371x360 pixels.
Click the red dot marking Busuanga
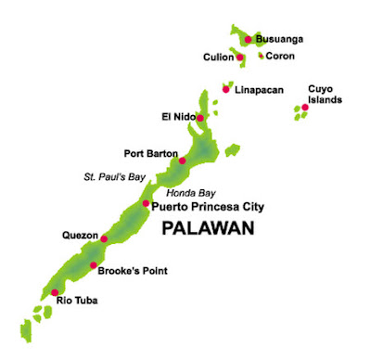(x=248, y=39)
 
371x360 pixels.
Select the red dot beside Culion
(x=239, y=58)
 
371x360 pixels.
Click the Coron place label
(x=280, y=56)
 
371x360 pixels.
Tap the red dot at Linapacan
(x=225, y=89)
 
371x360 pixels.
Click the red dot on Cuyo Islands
(x=304, y=107)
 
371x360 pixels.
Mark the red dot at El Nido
(x=199, y=118)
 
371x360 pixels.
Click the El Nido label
(x=177, y=117)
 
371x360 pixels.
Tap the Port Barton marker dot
(x=182, y=161)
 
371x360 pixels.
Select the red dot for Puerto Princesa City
(x=146, y=203)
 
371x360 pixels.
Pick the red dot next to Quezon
(x=104, y=238)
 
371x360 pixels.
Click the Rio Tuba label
(x=77, y=300)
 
